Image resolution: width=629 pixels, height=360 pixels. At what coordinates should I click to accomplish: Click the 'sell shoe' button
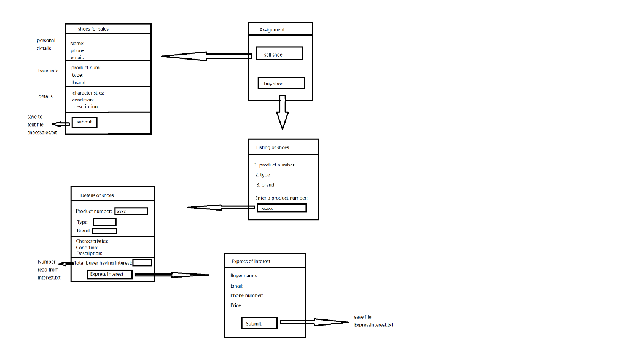coord(279,54)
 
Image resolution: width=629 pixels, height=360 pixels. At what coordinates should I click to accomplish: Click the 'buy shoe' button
coord(281,84)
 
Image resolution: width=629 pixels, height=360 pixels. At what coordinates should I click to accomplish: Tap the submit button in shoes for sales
coord(84,122)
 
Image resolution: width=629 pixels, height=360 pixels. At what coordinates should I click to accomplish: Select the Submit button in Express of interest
coord(259,323)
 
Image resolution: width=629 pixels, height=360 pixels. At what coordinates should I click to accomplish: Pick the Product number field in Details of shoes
coord(131,211)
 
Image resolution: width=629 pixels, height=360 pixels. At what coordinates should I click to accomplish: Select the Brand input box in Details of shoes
coord(104,231)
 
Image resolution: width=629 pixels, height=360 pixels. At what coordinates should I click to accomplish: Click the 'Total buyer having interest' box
coord(143,263)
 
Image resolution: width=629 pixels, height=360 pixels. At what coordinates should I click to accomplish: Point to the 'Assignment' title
coord(272,29)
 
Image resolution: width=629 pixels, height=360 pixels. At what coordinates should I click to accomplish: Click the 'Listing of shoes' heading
coord(273,147)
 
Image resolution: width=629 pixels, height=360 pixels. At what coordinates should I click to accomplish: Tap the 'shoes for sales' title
coord(93,29)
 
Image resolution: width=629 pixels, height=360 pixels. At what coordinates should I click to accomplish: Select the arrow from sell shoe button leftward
coord(206,57)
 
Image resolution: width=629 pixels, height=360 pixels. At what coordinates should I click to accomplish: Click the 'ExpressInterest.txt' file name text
coord(373,325)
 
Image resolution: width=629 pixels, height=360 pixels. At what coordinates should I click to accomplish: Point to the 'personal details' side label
coord(45,44)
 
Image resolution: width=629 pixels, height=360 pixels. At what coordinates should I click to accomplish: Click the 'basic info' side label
coord(49,71)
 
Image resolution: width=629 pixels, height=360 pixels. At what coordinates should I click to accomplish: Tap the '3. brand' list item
coord(265,185)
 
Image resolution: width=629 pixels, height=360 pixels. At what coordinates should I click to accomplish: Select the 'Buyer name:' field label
coord(244,276)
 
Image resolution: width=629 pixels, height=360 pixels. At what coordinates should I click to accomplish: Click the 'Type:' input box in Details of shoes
coord(104,222)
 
